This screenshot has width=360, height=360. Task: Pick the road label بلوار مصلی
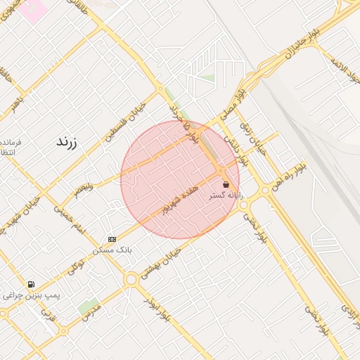[x=231, y=103]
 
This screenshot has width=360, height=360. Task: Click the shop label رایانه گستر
[x=226, y=196]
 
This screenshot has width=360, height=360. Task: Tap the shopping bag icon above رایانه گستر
[x=225, y=184]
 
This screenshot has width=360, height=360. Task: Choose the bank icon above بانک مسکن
[x=112, y=239]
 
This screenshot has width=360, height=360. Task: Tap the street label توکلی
[x=77, y=266]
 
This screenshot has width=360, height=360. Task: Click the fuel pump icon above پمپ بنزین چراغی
[x=31, y=285]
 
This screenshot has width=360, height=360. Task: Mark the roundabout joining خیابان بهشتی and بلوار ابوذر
[x=131, y=279]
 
